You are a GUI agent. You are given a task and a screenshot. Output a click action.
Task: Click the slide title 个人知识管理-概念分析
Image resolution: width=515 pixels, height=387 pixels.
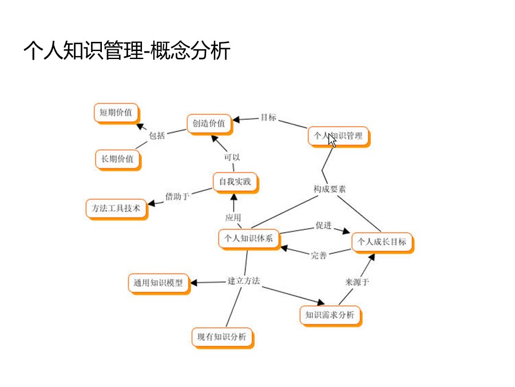coord(126,51)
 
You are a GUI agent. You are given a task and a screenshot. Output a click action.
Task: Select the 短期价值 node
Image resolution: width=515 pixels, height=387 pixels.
coord(116,112)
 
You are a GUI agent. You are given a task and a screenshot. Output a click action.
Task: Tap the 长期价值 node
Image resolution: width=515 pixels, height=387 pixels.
coord(117,159)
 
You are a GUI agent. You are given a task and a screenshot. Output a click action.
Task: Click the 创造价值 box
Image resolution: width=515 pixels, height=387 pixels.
coord(209,123)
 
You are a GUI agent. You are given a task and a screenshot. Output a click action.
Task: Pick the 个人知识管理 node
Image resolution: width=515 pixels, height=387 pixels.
coord(338,136)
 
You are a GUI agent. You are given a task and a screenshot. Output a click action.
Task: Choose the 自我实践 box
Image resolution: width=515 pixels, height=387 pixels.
coord(235,182)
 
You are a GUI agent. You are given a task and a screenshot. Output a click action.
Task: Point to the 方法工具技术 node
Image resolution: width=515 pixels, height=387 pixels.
coord(116,208)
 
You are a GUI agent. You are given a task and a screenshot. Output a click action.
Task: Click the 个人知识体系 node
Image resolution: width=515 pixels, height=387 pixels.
coord(248,239)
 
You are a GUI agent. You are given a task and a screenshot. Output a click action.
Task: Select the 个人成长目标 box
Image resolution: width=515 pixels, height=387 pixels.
coord(382,242)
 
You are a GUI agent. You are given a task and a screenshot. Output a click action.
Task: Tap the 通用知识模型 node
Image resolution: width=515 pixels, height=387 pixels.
coord(159,283)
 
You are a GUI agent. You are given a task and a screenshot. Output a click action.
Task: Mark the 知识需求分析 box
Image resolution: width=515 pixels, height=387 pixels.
coord(330,315)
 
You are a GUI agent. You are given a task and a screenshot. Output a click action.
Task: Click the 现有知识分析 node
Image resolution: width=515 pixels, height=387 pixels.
coord(221,337)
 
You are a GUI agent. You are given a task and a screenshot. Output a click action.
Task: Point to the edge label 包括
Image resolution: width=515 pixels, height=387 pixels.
coord(157,135)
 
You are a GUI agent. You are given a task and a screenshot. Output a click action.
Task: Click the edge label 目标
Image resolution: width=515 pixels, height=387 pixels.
coord(268,117)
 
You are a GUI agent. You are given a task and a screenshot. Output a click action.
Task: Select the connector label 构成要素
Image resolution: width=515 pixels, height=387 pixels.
coord(329,189)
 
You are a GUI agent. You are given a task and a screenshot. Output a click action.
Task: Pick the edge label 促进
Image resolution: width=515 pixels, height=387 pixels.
coord(323,225)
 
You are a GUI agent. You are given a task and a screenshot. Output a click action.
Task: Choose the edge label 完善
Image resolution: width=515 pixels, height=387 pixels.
coord(319,255)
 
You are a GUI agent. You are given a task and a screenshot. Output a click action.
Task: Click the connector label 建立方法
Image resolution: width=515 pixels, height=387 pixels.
coord(244,281)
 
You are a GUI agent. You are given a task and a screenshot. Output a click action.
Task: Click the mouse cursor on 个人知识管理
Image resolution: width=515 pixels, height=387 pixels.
coord(332,139)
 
